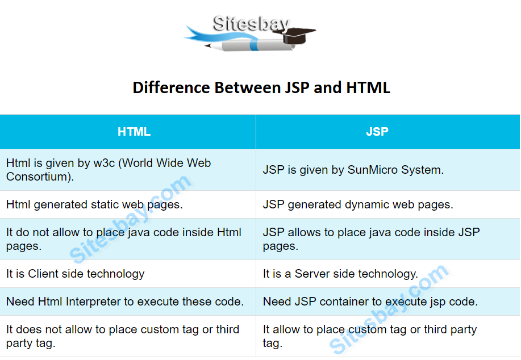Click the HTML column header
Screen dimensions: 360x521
134,132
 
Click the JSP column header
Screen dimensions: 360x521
377,132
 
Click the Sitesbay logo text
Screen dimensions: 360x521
251,23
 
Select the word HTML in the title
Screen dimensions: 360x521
368,88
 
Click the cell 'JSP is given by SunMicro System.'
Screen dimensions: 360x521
353,170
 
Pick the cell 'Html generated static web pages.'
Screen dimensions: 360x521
94,204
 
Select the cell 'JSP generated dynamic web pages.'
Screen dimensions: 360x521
358,204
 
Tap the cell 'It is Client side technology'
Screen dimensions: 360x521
75,274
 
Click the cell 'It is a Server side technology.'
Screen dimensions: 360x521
340,274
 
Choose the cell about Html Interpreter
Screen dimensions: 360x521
125,302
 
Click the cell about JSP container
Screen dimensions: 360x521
370,302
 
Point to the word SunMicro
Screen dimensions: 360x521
373,170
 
